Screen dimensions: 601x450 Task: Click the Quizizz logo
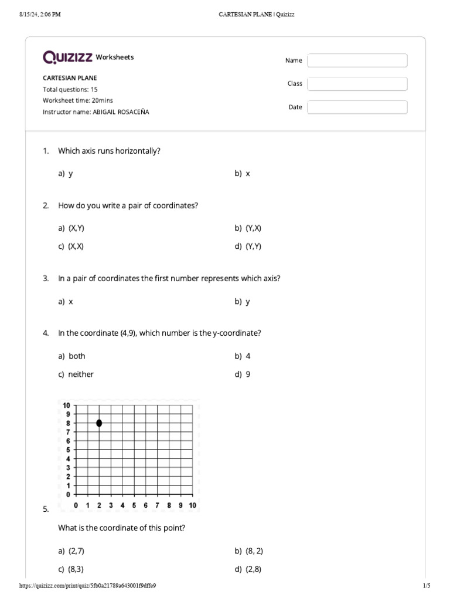pos(68,57)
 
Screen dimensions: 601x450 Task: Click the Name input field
pos(357,60)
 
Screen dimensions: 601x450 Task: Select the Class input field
pos(357,84)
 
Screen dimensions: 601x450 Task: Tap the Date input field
pos(357,107)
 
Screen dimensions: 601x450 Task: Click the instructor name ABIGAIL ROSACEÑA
pos(121,112)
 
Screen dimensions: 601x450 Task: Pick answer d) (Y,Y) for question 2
pos(248,247)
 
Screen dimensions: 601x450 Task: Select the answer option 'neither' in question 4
pos(81,374)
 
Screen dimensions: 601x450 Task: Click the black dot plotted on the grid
pos(99,423)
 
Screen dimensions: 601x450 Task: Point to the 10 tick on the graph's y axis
pos(66,406)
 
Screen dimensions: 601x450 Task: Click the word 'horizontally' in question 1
pos(139,151)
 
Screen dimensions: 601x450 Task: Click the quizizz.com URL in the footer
pos(87,586)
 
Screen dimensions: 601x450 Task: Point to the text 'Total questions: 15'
pos(70,90)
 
